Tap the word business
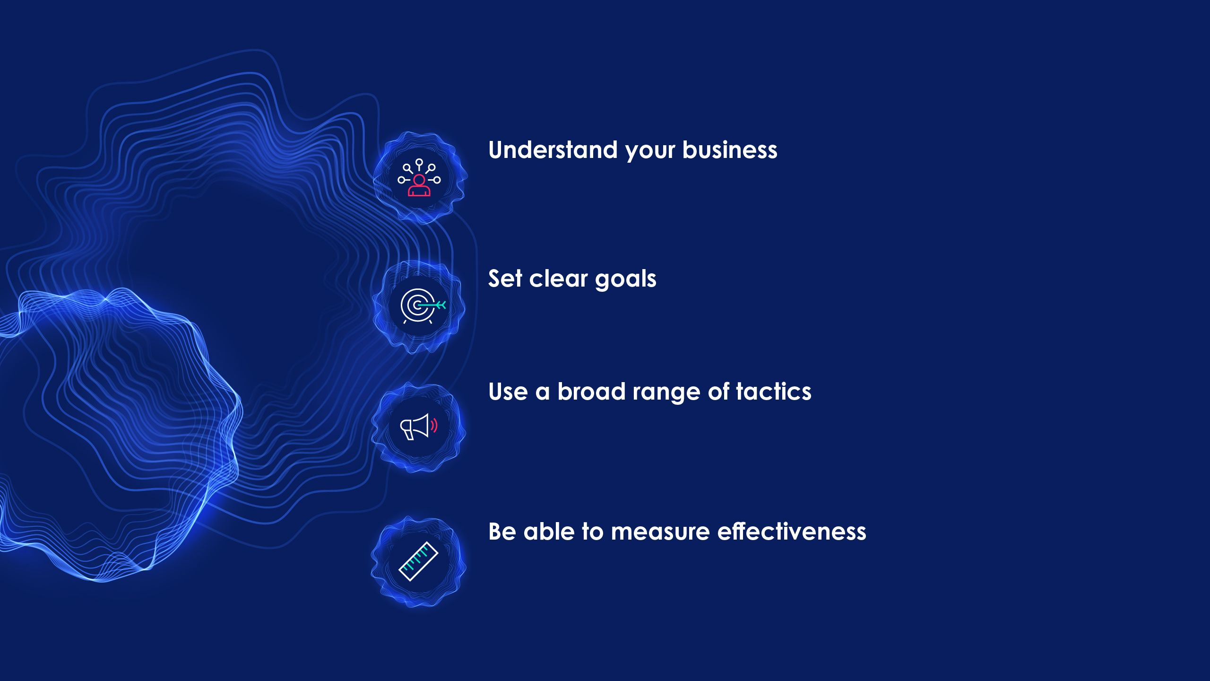click(729, 150)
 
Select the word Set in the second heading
click(505, 278)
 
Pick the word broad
click(591, 392)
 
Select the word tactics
click(773, 392)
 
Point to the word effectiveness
click(792, 532)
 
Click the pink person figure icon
click(419, 185)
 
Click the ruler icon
click(419, 561)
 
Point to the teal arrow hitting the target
click(432, 305)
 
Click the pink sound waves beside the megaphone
click(434, 426)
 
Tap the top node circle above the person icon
click(419, 162)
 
